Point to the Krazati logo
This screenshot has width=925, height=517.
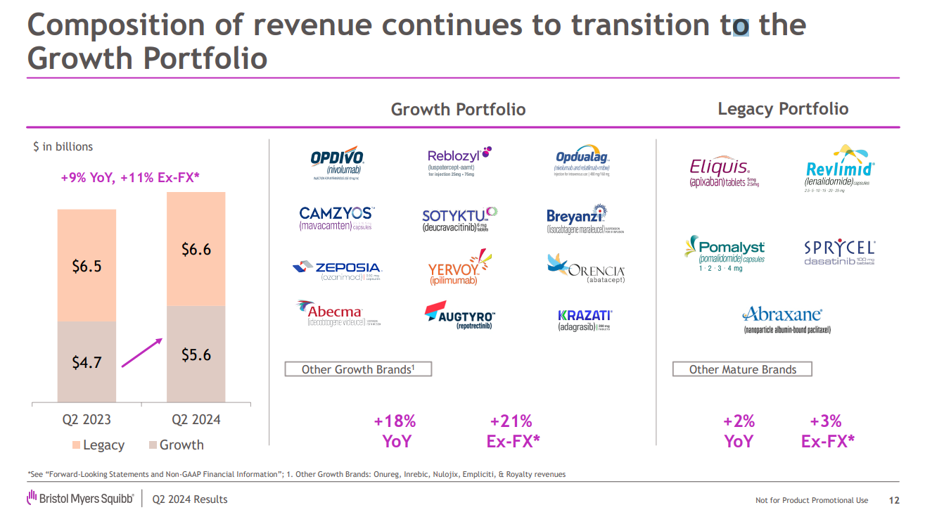coord(585,320)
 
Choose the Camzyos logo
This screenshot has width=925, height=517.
coord(336,217)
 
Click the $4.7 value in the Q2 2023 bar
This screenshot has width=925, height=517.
coord(87,362)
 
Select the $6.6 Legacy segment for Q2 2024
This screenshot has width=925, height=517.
coord(196,249)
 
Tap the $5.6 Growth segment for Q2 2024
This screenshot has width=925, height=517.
coord(196,355)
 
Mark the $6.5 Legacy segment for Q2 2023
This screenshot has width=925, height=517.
coord(87,266)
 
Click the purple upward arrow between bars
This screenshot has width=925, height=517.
coord(141,352)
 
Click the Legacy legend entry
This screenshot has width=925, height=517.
coord(98,445)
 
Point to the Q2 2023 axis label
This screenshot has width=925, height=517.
coord(87,420)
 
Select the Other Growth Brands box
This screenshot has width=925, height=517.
coord(357,369)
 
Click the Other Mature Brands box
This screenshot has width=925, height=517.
coord(742,369)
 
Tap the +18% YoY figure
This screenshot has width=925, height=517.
coord(395,430)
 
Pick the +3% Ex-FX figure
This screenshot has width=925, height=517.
coord(827,430)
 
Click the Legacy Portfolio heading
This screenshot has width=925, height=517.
coord(782,109)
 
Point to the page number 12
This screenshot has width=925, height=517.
coord(894,500)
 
